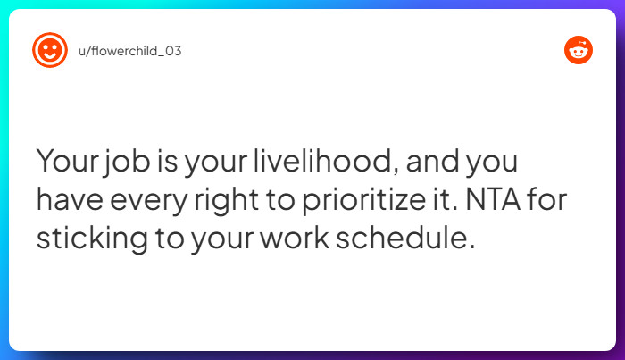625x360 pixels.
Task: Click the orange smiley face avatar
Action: (50, 50)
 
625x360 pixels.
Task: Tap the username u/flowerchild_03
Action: (130, 51)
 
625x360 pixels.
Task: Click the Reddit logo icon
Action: (579, 50)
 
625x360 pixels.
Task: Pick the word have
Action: (68, 201)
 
